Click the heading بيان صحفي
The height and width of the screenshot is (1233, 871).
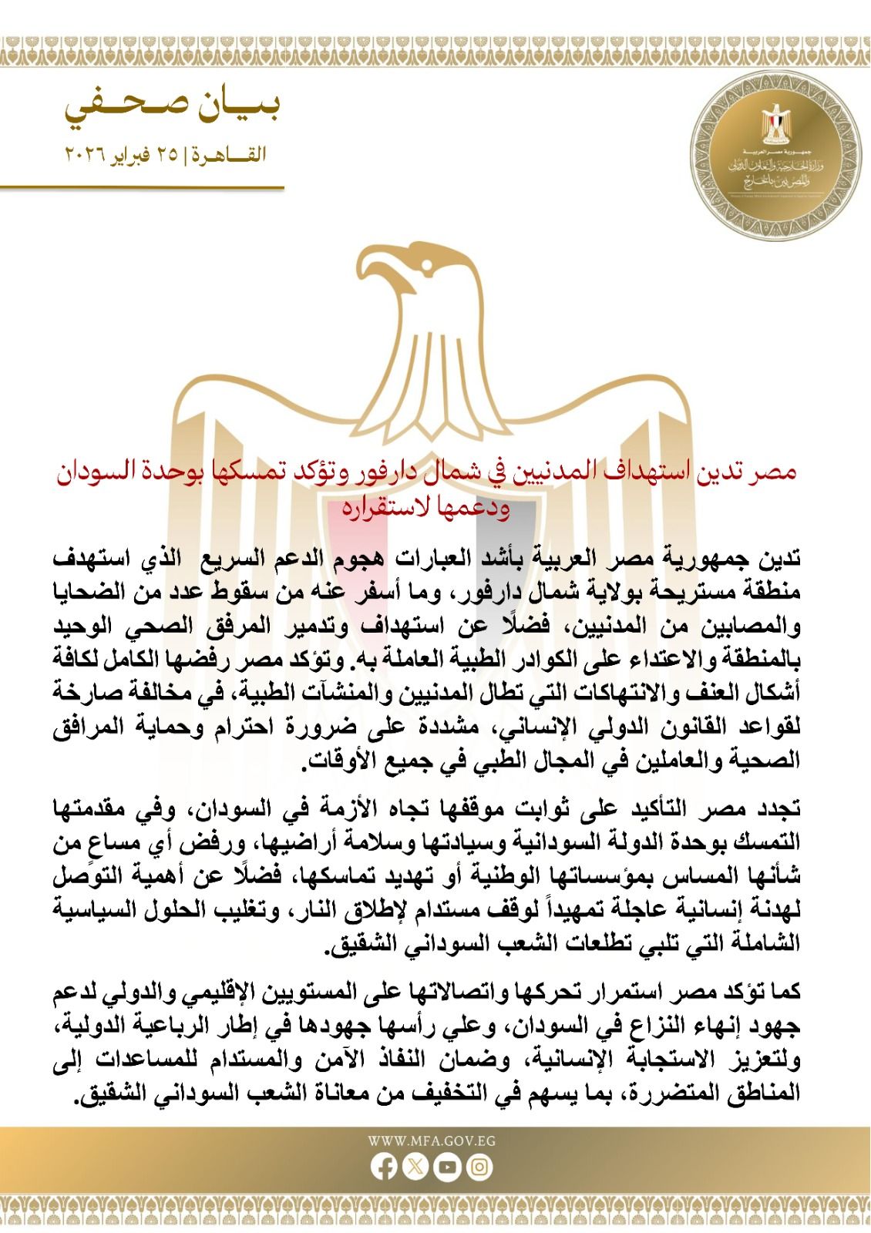pos(171,108)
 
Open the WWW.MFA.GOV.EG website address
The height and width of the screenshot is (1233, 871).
pos(432,1141)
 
